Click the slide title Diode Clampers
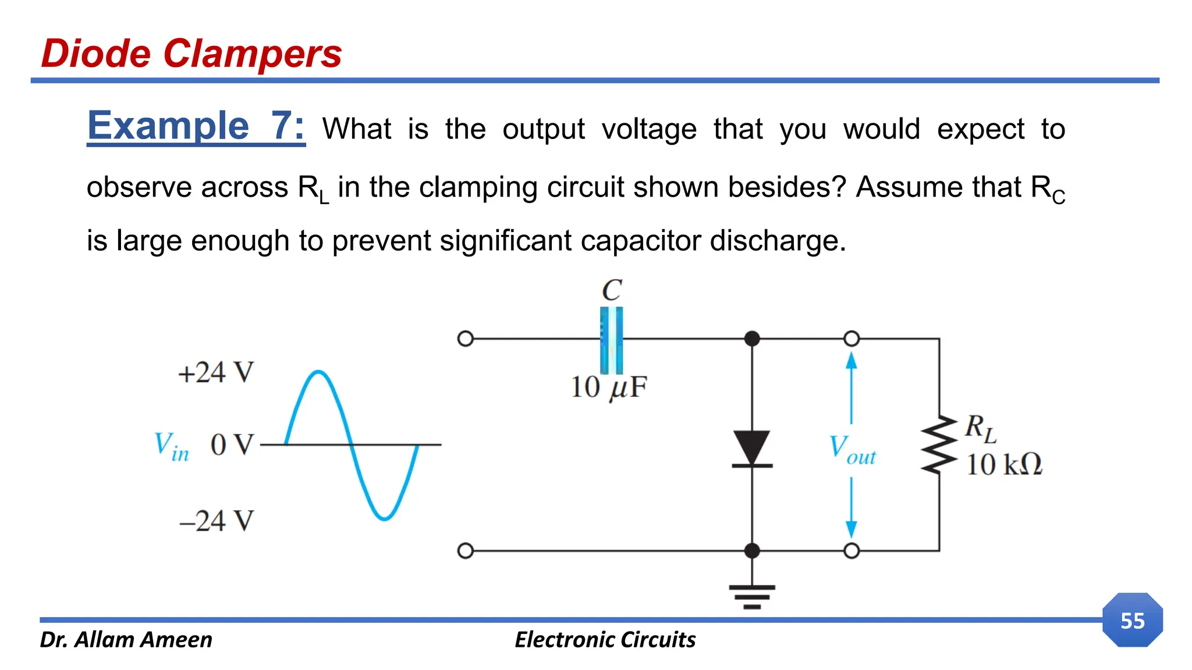pos(191,54)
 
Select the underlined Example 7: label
pos(196,126)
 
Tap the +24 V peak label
pos(216,373)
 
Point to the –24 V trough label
pos(217,521)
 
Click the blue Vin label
pos(171,446)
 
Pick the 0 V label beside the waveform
pos(232,446)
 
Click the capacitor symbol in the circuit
pos(611,340)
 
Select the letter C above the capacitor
pos(612,290)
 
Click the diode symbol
pos(752,448)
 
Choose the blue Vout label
pos(852,450)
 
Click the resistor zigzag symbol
pos(938,445)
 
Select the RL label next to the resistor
pos(981,428)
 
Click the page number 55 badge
pos(1132,621)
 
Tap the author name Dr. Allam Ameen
pos(126,640)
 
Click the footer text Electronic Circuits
pos(605,640)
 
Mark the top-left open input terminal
pos(466,338)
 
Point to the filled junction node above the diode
pos(752,338)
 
